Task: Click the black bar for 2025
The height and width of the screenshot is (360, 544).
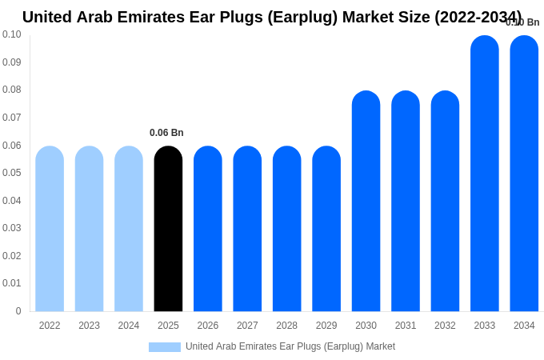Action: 168,229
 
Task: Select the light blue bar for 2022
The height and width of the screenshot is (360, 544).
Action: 50,229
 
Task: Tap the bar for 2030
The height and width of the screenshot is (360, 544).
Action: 366,201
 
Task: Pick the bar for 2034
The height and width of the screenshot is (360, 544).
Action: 524,174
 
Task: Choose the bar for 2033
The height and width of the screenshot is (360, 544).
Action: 485,174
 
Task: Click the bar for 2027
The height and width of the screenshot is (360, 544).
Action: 247,229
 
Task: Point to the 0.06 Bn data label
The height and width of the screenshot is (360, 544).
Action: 166,133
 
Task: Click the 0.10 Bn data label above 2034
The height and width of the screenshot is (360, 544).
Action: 522,22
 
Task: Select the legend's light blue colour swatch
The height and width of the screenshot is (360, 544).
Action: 165,347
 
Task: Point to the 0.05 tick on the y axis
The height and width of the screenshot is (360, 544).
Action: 12,173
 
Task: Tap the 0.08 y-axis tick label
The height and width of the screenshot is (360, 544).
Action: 12,90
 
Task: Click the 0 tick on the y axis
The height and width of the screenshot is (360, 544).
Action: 18,311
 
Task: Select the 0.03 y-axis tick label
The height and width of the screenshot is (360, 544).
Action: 12,228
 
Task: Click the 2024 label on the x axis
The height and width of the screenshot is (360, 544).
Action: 129,326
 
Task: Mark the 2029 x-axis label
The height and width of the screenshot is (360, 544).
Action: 326,326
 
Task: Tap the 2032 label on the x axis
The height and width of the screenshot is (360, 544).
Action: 445,326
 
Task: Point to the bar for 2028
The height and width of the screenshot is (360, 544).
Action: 287,229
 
